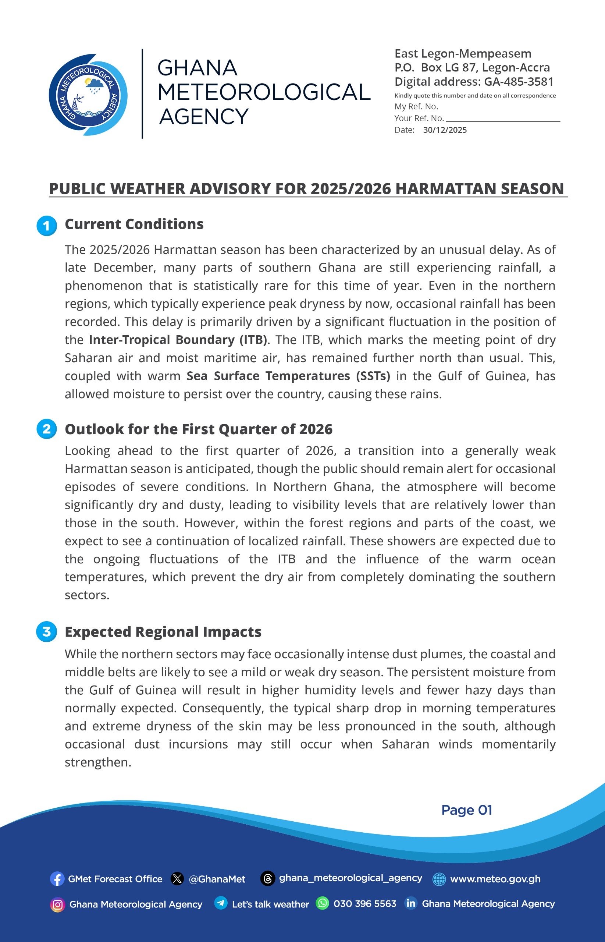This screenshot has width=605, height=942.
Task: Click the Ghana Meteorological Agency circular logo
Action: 88,95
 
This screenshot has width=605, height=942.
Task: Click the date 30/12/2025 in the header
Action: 445,130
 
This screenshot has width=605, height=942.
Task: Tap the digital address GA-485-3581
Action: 519,82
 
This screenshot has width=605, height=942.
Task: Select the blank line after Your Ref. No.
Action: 503,120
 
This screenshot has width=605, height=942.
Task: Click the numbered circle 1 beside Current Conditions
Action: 46,226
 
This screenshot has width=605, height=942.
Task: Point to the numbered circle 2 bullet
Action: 46,429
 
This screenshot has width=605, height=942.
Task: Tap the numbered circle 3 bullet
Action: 46,631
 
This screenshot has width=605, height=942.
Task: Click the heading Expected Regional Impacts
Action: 163,631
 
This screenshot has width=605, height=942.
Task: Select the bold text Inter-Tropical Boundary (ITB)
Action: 178,340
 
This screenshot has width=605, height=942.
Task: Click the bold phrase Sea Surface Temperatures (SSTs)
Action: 288,376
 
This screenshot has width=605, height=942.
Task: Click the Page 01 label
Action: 466,810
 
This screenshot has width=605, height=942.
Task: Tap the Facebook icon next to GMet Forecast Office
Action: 57,879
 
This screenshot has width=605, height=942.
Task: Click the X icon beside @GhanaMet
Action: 177,879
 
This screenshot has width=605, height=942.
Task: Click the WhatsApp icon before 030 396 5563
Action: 322,903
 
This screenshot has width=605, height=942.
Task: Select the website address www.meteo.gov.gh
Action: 495,879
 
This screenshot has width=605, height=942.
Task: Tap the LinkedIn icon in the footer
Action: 410,903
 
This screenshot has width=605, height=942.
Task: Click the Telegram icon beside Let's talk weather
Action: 221,903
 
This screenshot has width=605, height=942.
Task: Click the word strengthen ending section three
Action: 97,762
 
